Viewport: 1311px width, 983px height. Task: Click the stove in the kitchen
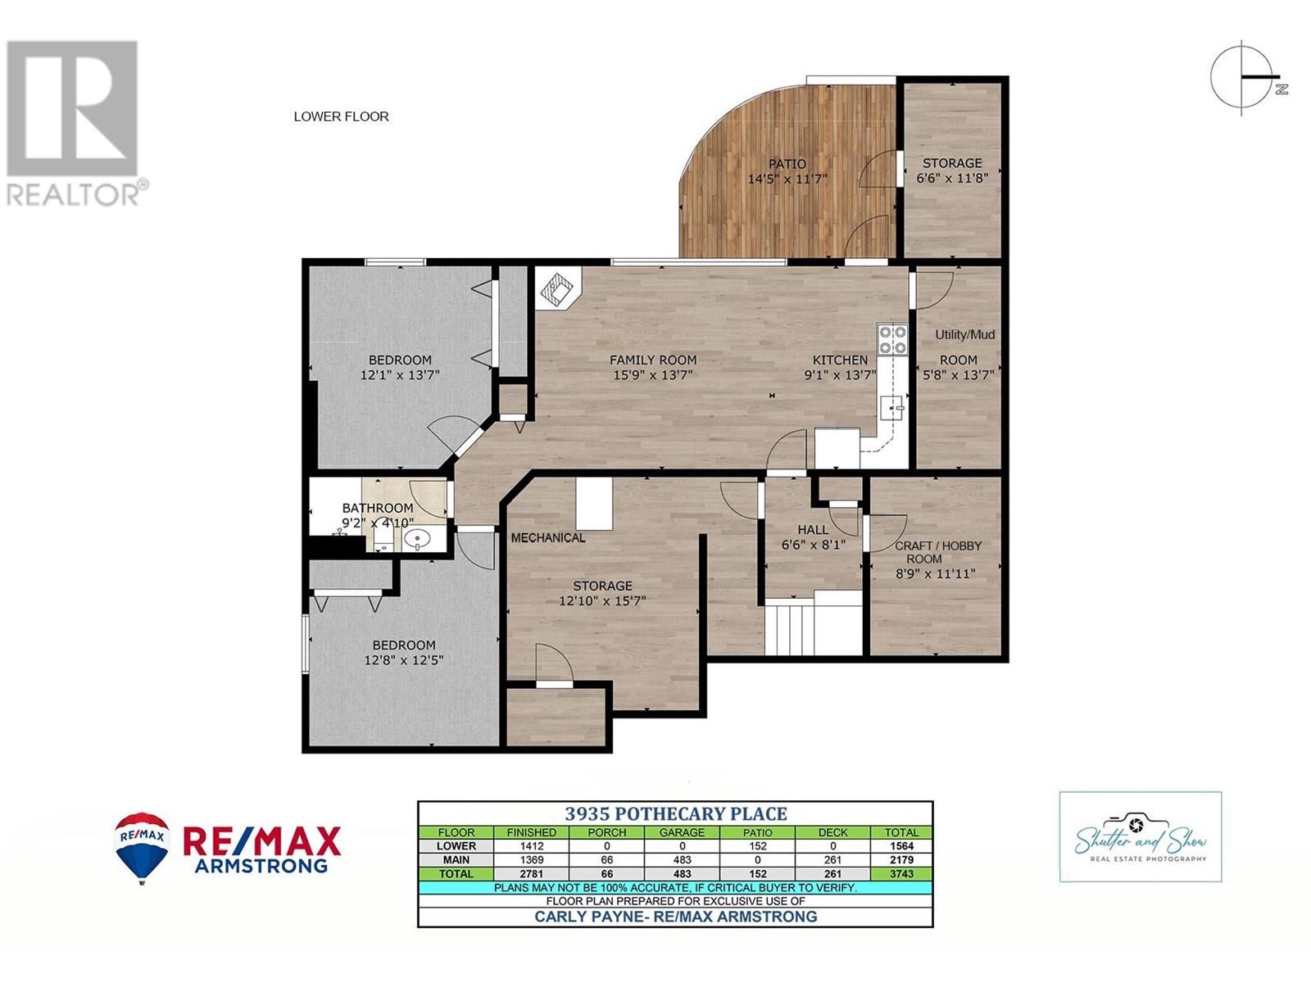tap(892, 339)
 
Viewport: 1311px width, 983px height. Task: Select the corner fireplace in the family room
tap(558, 289)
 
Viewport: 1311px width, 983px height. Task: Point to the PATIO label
tap(787, 164)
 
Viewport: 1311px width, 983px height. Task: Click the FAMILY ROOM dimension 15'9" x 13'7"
tap(652, 375)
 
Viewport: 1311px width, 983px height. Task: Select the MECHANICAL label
tap(548, 538)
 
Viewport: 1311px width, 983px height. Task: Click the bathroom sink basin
tap(417, 539)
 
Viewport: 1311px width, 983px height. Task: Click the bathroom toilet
tap(382, 537)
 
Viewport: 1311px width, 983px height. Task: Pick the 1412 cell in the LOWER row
tap(531, 846)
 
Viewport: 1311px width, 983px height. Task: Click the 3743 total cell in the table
tap(901, 874)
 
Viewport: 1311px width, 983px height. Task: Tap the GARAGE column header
tap(682, 832)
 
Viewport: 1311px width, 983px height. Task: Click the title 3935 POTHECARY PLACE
tap(675, 813)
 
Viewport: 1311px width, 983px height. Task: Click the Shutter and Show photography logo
tap(1140, 836)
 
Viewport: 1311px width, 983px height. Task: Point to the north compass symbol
tap(1244, 77)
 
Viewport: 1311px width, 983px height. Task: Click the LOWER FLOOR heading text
tap(341, 116)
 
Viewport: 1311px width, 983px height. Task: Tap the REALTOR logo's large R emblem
tap(72, 108)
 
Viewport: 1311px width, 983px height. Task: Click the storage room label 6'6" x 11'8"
tap(951, 178)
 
